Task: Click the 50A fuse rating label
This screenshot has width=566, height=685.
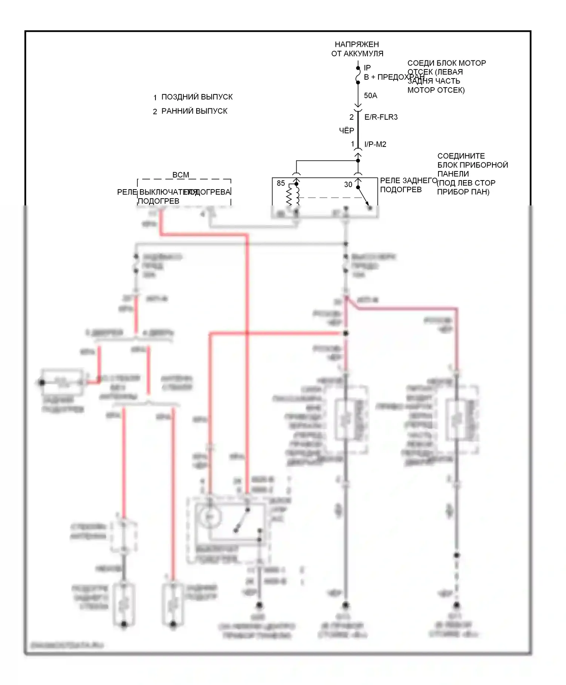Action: (x=370, y=96)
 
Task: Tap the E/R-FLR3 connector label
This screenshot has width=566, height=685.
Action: (x=381, y=117)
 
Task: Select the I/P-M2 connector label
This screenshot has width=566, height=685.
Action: (x=375, y=144)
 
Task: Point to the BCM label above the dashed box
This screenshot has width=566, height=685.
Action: (x=180, y=175)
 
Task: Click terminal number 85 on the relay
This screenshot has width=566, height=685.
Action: (x=281, y=183)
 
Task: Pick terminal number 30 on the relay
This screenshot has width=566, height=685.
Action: (x=348, y=184)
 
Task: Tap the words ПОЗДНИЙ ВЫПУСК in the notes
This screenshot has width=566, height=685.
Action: (x=197, y=97)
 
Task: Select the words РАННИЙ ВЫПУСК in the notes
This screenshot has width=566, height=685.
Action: (x=194, y=111)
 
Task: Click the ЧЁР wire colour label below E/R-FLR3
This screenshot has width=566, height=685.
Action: (x=346, y=131)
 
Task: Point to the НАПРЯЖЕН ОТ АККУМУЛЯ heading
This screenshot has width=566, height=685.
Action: (x=357, y=49)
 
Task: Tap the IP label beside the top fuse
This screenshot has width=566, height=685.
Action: (x=367, y=68)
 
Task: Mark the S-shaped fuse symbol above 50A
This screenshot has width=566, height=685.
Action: (x=358, y=78)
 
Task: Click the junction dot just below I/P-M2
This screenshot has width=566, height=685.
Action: (x=358, y=160)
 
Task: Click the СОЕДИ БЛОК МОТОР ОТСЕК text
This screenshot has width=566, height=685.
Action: (x=446, y=76)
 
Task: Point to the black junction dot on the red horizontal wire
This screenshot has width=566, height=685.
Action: (x=346, y=333)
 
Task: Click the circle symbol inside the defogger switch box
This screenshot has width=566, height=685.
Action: (x=211, y=516)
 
